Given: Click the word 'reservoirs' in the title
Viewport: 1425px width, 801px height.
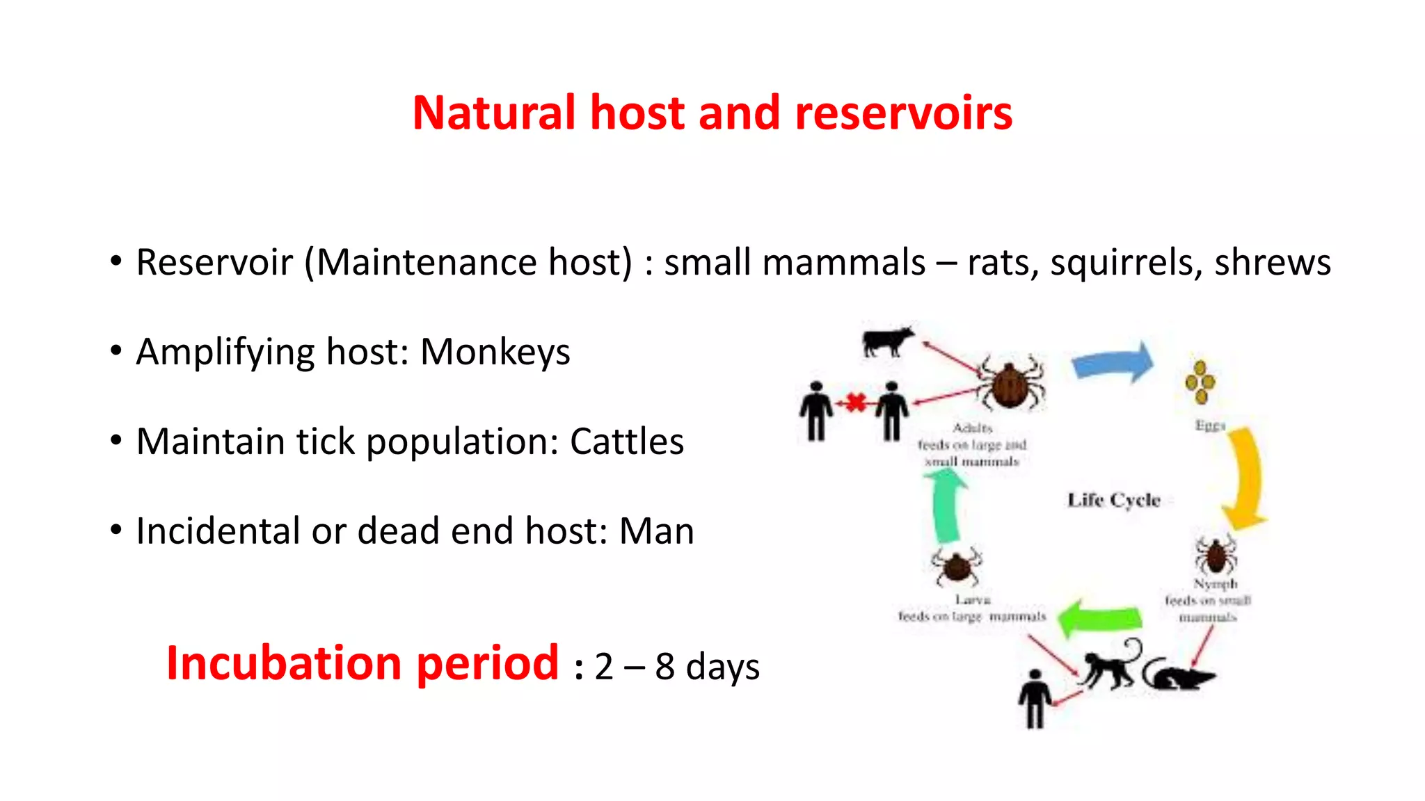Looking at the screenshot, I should (x=902, y=113).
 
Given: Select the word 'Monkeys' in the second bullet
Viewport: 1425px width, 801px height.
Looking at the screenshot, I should (x=495, y=352).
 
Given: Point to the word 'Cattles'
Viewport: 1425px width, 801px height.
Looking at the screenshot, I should (x=626, y=442).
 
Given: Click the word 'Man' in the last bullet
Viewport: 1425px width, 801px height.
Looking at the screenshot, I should (x=656, y=531).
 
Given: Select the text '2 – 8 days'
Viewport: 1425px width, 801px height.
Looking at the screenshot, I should (x=676, y=667).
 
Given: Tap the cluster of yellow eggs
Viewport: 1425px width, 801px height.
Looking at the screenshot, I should (x=1200, y=382).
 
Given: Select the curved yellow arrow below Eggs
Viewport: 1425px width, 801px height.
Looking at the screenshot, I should (x=1245, y=480).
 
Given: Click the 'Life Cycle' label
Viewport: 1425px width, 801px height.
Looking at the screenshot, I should (x=1113, y=500).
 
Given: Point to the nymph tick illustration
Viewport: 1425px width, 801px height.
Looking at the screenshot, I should (x=1216, y=555).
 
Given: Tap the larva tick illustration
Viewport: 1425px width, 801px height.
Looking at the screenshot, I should (x=957, y=567).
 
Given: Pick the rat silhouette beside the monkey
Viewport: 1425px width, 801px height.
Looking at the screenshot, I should (x=1177, y=674).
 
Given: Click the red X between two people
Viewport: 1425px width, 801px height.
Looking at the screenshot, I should (x=855, y=403).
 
